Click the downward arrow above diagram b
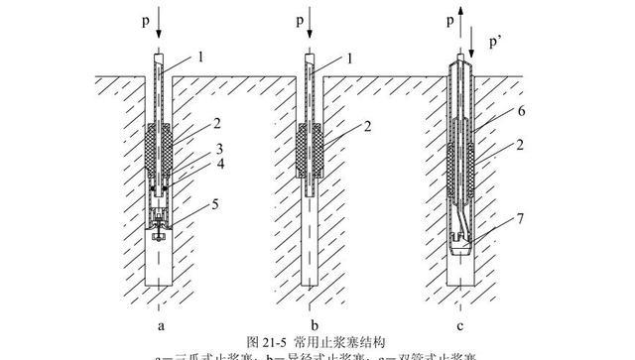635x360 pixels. (309, 27)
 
